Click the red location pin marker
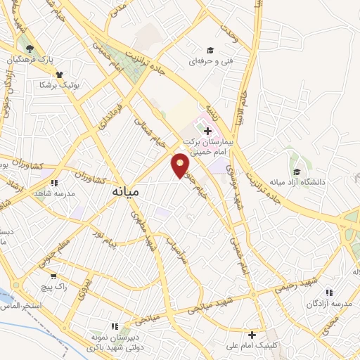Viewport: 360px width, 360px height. pos(181,165)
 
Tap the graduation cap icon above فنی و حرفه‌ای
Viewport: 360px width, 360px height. pos(210,50)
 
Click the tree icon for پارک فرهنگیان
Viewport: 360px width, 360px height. pos(29,49)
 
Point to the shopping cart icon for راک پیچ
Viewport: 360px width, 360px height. pos(53,276)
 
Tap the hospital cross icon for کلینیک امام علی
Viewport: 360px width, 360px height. pos(251,335)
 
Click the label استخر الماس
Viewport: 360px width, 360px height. pos(21,306)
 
